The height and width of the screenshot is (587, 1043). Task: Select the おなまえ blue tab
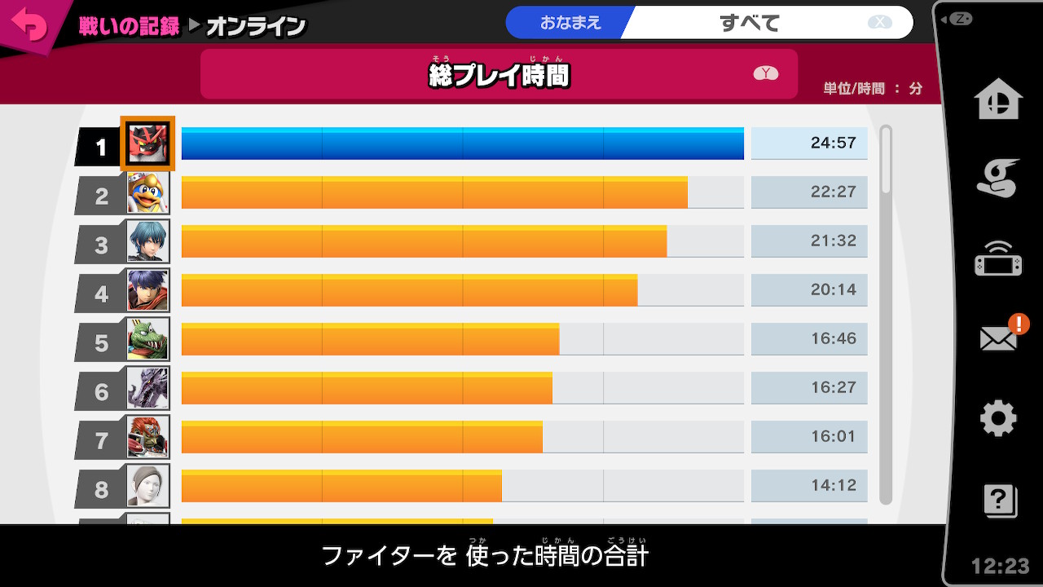570,23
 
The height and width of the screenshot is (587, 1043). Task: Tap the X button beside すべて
880,23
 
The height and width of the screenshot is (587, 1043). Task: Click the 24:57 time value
833,143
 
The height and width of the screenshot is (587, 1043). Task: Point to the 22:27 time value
833,192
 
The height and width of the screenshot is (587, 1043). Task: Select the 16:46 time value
833,339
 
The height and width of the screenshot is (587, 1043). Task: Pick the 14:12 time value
833,486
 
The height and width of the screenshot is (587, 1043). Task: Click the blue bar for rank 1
462,143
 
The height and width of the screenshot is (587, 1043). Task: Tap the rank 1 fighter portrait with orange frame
147,143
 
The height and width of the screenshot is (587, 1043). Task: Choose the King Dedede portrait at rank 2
148,192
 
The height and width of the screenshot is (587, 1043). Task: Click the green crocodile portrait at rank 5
148,339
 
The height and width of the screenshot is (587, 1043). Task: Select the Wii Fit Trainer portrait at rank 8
148,486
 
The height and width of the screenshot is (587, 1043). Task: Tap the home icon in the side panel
998,100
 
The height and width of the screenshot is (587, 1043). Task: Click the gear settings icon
998,418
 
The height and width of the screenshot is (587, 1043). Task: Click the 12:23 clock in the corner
1001,566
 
